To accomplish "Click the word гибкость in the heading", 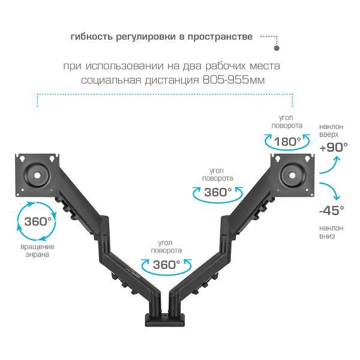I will click(89, 37).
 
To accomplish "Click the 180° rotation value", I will click(287, 142).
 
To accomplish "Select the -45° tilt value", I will click(332, 210).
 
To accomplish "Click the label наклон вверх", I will click(332, 130).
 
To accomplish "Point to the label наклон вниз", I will click(332, 232).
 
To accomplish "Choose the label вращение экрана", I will click(37, 250).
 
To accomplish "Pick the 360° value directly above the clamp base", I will click(166, 265).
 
